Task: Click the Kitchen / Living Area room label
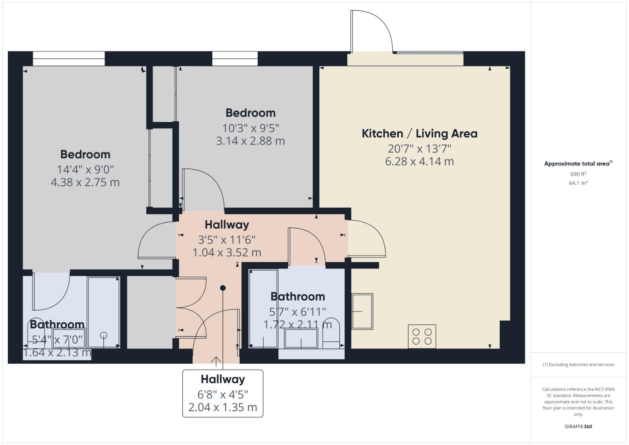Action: tap(419, 133)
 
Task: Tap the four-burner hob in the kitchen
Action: tap(422, 336)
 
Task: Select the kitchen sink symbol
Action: tap(362, 311)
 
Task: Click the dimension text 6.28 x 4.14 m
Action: tap(419, 162)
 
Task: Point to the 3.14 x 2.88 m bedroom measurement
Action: tap(250, 141)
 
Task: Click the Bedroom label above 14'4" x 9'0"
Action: tap(85, 155)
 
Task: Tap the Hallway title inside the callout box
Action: tap(223, 379)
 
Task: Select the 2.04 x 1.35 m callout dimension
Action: tap(223, 408)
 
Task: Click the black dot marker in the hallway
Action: tap(223, 288)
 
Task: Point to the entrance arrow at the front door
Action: tap(216, 361)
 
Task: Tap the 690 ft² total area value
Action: tap(578, 174)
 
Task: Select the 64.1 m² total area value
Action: tap(578, 183)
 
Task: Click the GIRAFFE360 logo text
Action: tap(578, 426)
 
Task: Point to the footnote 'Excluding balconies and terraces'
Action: tap(578, 365)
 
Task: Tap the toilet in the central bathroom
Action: tap(331, 332)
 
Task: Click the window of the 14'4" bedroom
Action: tap(69, 59)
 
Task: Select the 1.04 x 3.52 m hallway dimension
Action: tap(227, 253)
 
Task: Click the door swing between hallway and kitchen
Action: tap(367, 239)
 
